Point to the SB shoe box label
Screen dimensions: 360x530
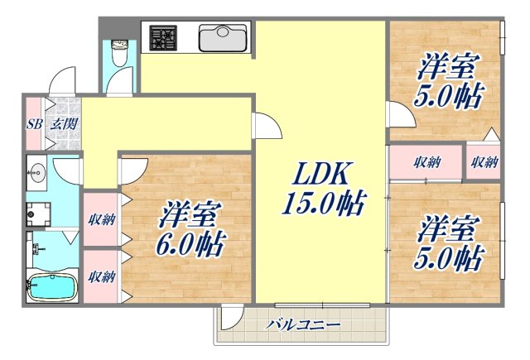point(34,124)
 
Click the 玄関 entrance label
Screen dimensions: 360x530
point(63,124)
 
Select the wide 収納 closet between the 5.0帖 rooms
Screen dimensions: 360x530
point(427,161)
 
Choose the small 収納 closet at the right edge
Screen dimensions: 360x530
point(484,161)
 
